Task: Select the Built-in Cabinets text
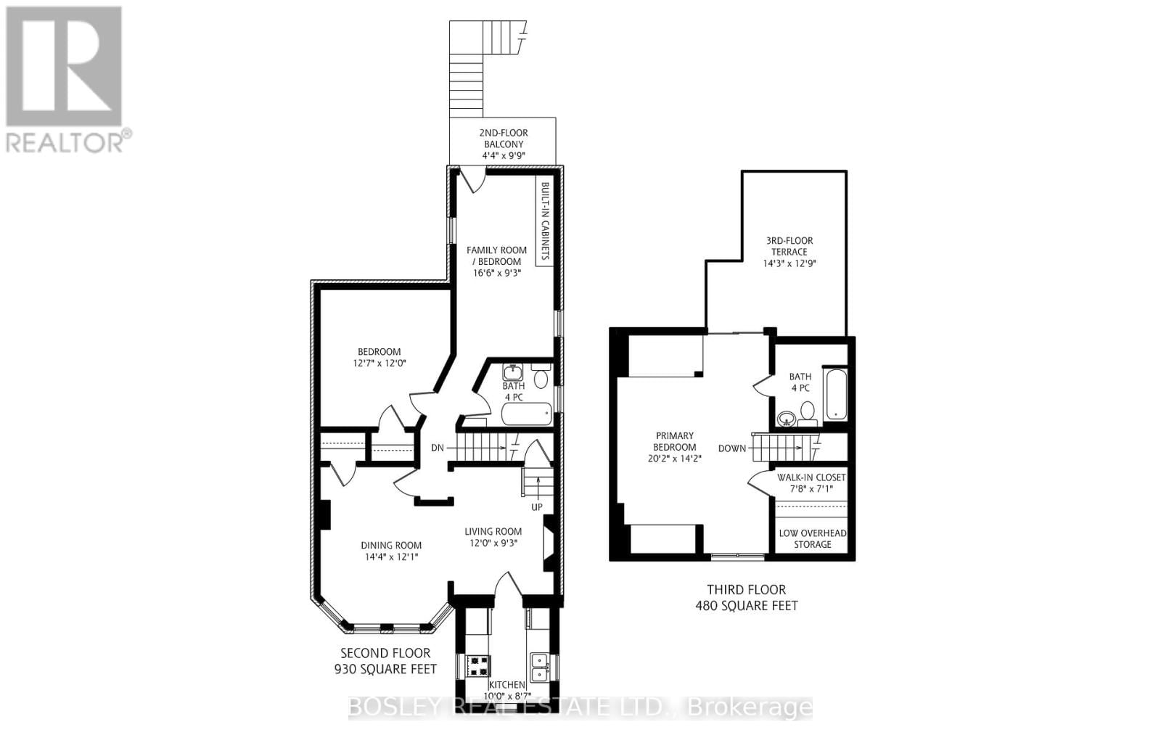tap(545, 221)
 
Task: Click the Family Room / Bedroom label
tap(496, 255)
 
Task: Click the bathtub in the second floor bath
tap(527, 415)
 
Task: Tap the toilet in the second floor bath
tap(541, 377)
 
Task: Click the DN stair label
tap(437, 448)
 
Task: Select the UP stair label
tap(537, 506)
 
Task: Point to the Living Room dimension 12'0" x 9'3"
tap(493, 543)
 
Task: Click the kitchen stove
tap(478, 665)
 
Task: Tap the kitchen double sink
tap(539, 666)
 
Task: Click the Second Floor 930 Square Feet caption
tap(385, 661)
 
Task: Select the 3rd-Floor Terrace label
tap(789, 252)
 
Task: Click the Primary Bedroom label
tap(674, 441)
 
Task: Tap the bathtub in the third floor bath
tap(835, 394)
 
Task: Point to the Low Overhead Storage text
tap(812, 538)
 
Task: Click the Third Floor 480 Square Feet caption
tap(746, 597)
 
